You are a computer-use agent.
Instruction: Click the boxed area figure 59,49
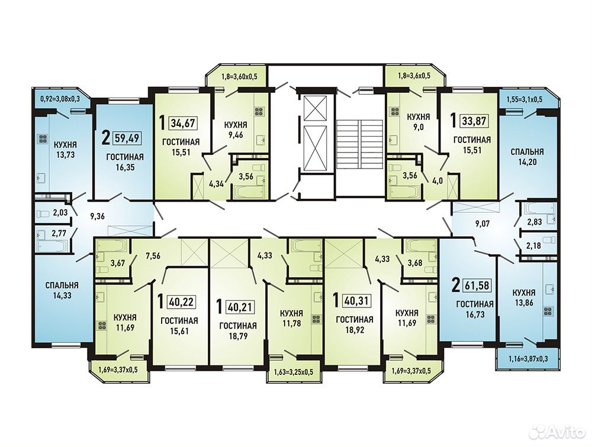pyautogui.click(x=127, y=138)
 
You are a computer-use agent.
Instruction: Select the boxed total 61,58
pyautogui.click(x=477, y=286)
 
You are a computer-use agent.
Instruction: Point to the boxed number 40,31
pyautogui.click(x=356, y=300)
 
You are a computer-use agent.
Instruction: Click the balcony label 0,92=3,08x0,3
pyautogui.click(x=60, y=100)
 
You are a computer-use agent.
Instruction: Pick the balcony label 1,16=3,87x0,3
pyautogui.click(x=527, y=359)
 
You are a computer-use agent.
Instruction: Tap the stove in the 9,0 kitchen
pyautogui.click(x=394, y=111)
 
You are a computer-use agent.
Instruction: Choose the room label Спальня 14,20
pyautogui.click(x=527, y=157)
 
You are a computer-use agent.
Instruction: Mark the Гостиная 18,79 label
pyautogui.click(x=238, y=331)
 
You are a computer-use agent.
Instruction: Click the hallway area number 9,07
pyautogui.click(x=482, y=223)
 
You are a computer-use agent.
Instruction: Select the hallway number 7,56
pyautogui.click(x=153, y=256)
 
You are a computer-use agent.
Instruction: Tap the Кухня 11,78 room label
pyautogui.click(x=291, y=318)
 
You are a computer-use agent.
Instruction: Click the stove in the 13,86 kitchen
pyautogui.click(x=548, y=311)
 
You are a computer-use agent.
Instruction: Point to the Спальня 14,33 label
pyautogui.click(x=62, y=290)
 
